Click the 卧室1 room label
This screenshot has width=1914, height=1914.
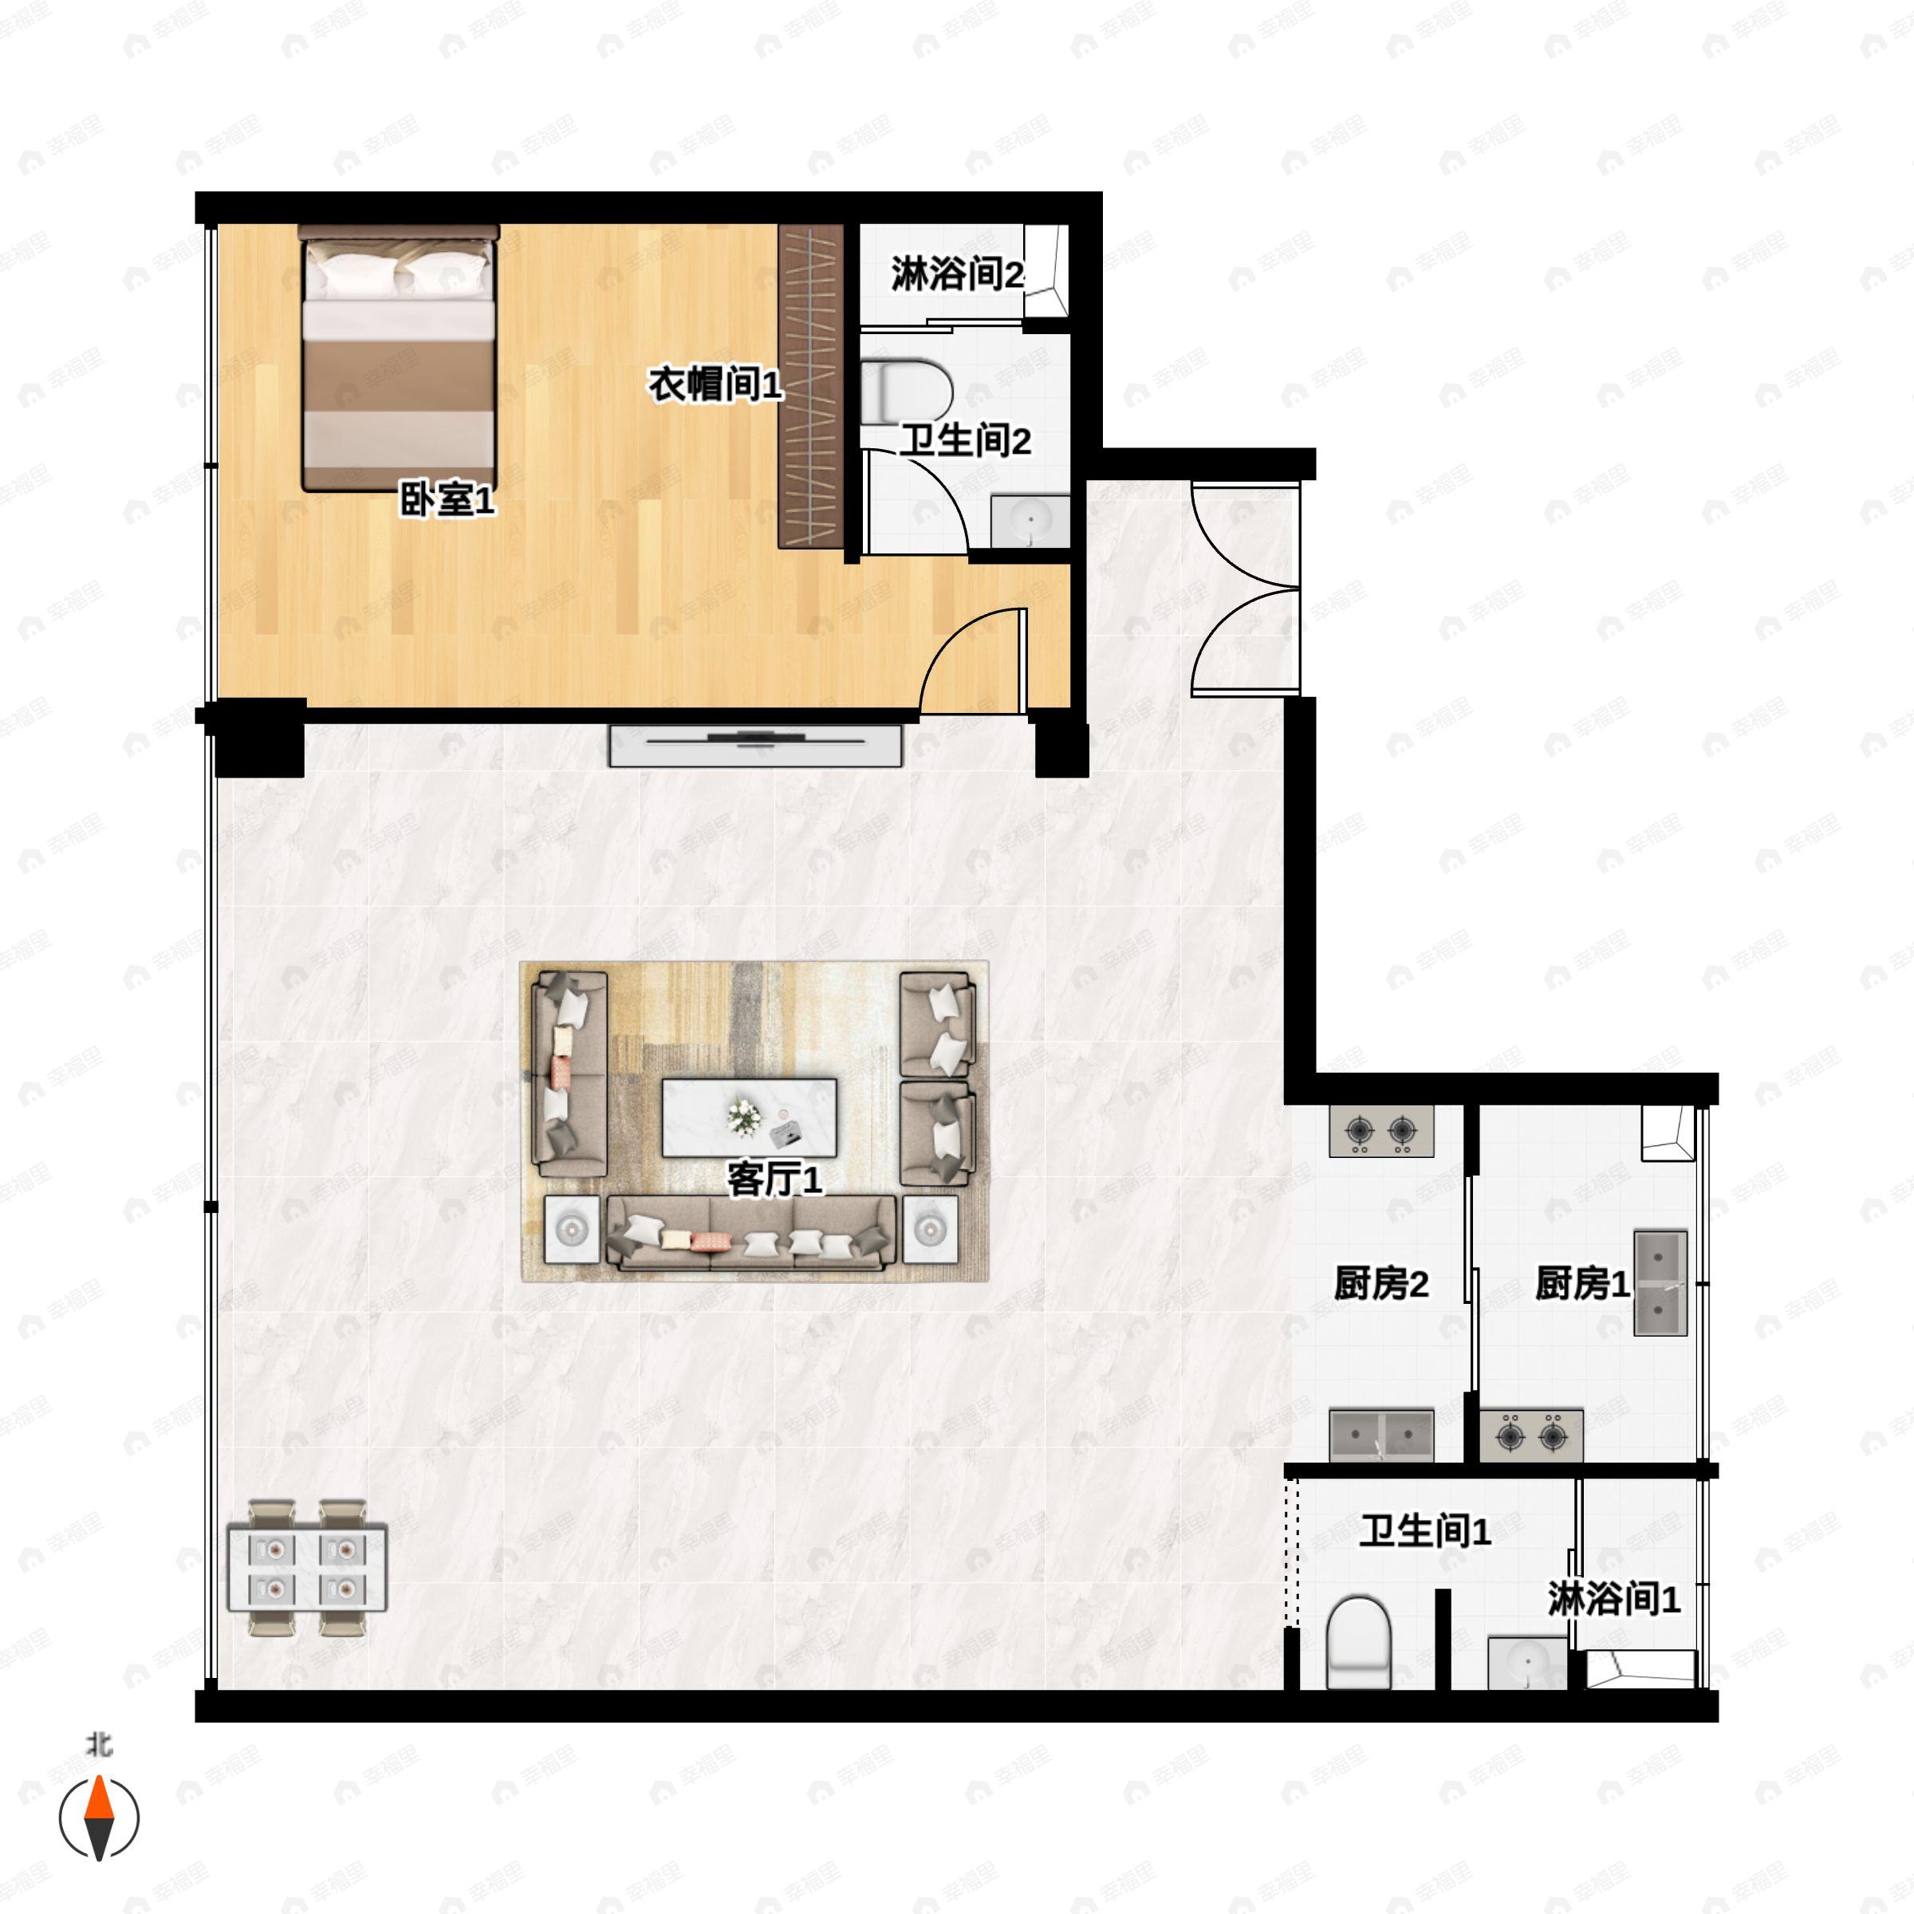point(446,500)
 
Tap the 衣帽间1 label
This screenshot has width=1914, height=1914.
point(715,384)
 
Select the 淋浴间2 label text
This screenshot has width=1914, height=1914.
point(956,274)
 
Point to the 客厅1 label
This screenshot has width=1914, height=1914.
point(774,1180)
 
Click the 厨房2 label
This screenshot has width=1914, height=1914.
point(1381,1284)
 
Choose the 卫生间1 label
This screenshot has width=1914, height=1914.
point(1424,1531)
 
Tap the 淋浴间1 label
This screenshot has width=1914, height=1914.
point(1614,1599)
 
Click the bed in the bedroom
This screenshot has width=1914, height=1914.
point(398,359)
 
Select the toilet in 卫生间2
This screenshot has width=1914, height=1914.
point(904,392)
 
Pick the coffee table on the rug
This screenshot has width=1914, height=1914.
point(749,1117)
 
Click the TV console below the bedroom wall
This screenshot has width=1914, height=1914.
point(755,745)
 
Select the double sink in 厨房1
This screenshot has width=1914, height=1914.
point(1660,1283)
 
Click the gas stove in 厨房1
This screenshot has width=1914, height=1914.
point(1530,1435)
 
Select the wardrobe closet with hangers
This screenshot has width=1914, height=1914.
point(810,386)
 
